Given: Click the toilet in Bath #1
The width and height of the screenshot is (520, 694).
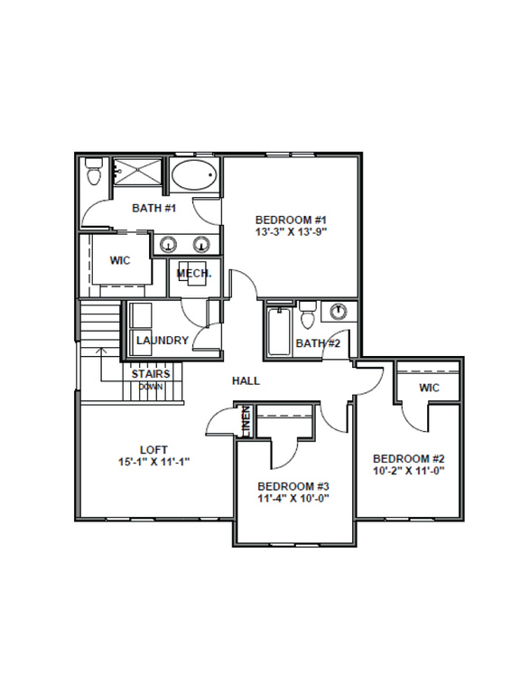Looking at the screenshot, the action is coord(94,172).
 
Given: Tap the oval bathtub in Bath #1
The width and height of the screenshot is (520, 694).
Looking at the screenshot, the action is coord(194,175).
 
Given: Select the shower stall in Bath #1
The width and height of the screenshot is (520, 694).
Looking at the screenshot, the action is coord(137,173).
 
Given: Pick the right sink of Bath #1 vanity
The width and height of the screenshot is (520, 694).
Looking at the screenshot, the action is coord(201,244).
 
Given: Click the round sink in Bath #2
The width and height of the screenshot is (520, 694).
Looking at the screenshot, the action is coord(339,310).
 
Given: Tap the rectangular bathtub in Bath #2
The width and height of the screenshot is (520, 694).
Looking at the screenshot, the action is coord(279,332).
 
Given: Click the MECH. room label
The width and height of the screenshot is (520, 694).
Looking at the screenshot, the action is coord(194,274).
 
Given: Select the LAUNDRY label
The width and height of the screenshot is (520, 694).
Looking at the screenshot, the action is coord(162,341).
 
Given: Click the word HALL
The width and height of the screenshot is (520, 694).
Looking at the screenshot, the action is coord(246,380).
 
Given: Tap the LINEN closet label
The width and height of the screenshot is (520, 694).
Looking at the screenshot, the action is coord(246,421).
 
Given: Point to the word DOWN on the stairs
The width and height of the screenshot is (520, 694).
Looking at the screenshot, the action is coord(151,387).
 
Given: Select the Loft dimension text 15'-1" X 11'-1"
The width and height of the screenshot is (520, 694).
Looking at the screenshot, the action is coord(153,462).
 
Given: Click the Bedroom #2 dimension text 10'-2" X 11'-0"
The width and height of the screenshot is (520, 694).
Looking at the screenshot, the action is coord(409,470).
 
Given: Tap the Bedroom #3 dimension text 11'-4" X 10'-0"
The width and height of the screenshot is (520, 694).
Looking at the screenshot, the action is coord(293,498).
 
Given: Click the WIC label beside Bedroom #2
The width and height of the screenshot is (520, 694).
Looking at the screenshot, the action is coord(430,388).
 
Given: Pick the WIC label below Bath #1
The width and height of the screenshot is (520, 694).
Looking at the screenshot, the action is coord(120,260).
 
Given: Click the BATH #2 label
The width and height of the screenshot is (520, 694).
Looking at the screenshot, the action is coord(319,343).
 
